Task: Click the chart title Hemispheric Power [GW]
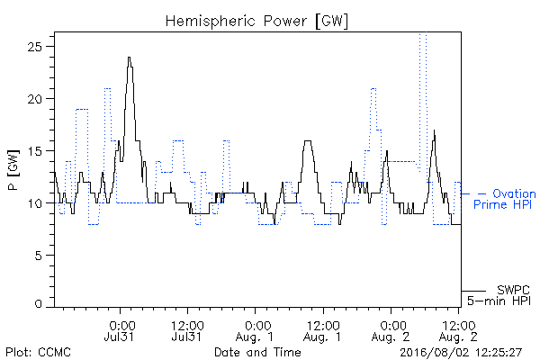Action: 256,21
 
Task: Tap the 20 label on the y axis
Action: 35,99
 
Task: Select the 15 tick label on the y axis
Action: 35,151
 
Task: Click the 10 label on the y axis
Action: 35,203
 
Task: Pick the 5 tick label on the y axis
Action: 38,256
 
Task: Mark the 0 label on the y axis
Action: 38,303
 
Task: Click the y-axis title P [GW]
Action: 13,170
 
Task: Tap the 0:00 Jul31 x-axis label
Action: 121,330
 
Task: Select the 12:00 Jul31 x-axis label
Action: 187,330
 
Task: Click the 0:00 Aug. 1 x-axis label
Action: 256,330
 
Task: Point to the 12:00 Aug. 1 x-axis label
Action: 323,330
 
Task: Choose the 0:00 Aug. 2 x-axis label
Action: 391,330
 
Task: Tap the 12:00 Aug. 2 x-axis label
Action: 458,330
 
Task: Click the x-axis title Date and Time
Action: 257,352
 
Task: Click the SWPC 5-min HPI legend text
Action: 499,295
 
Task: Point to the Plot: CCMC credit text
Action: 38,352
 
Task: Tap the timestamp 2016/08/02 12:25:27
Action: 461,353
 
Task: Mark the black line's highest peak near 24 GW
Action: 129,58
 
